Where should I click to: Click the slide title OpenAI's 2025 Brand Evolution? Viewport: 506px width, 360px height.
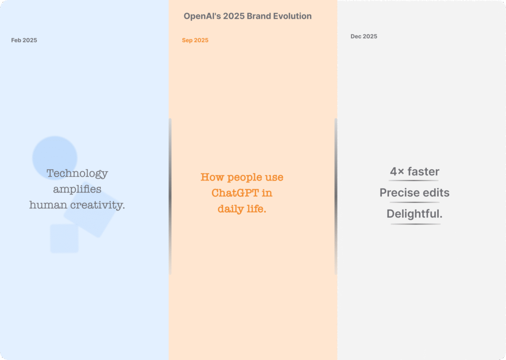coord(248,16)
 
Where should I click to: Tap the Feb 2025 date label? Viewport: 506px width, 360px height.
coord(24,40)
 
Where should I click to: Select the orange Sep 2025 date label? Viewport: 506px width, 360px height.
coord(195,40)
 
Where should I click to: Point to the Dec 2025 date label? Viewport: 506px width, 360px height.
coord(364,37)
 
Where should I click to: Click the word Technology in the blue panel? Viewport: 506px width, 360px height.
coord(77,174)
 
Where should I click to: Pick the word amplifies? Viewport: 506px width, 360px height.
coord(77,189)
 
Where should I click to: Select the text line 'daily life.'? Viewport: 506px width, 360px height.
coord(242,209)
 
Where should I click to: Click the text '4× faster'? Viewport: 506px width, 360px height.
coord(415,172)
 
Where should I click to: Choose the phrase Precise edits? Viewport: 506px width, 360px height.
coord(415,193)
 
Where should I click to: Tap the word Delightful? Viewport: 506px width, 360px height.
coord(415,214)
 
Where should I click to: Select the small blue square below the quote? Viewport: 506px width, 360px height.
coord(64,238)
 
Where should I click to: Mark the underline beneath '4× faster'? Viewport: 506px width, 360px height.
coord(415,181)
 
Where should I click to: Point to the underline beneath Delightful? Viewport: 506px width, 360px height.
coord(415,224)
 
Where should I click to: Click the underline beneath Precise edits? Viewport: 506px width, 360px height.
coord(415,202)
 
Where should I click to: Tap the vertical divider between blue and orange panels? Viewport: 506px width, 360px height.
coord(170,196)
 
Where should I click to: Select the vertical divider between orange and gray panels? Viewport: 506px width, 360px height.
coord(336,196)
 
